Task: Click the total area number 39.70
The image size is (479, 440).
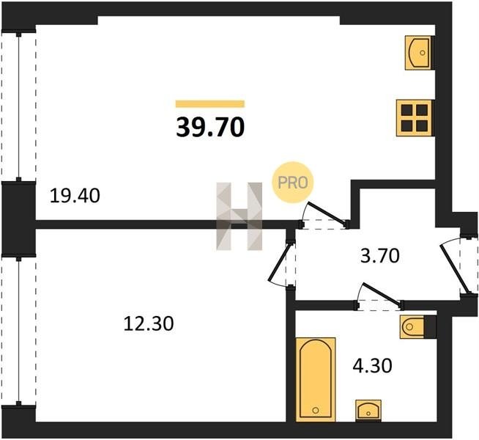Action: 210,127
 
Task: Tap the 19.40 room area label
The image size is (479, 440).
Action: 75,196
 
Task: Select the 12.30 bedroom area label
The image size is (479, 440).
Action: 149,323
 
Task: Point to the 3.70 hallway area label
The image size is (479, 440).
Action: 379,256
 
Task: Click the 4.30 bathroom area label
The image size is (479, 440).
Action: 372,366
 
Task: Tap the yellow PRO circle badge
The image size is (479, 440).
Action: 293,183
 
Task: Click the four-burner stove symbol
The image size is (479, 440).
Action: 415,118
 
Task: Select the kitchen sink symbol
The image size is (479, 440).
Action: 417,53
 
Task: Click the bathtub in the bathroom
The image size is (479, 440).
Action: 316,379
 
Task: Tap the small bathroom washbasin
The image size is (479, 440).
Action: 368,411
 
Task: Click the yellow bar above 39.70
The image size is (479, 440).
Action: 210,104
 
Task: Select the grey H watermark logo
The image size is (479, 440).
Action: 239,216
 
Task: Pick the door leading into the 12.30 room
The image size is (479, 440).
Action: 279,262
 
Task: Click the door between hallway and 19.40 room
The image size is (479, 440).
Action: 327,212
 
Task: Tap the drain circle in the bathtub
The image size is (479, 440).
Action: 316,410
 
